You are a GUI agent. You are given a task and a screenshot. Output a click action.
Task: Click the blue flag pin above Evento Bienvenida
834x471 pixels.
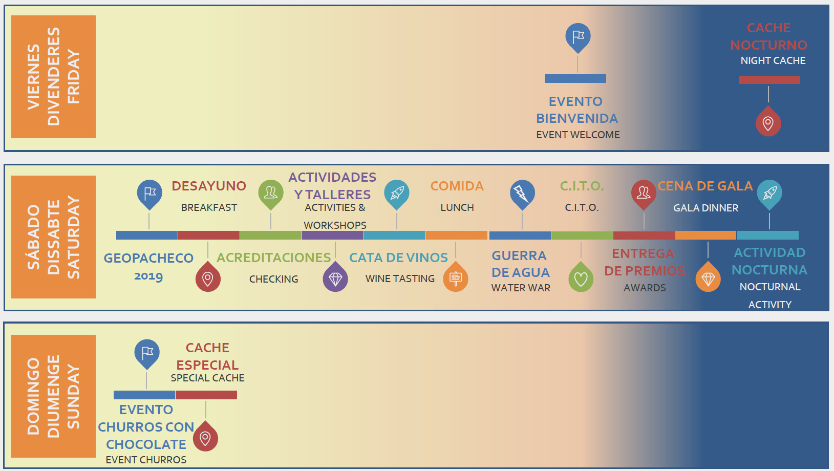tap(578, 37)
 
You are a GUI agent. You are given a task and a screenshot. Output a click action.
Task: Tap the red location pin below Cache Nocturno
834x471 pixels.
tap(768, 123)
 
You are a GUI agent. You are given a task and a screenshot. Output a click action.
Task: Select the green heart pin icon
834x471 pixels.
tap(581, 278)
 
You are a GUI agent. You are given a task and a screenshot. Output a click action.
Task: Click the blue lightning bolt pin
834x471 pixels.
tap(522, 194)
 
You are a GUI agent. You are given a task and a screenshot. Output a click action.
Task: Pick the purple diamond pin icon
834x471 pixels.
tap(335, 279)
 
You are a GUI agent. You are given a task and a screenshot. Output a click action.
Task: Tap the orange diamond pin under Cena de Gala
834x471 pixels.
tap(708, 278)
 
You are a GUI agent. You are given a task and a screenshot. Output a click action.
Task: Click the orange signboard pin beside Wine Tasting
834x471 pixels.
tap(455, 278)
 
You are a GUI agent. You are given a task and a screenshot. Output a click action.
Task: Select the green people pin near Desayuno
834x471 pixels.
tap(270, 194)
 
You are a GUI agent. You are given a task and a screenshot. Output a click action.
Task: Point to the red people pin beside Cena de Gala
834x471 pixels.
tap(644, 194)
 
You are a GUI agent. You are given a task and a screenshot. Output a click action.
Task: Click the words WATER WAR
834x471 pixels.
tap(521, 288)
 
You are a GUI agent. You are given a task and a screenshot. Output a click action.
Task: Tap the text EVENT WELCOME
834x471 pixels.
tap(578, 135)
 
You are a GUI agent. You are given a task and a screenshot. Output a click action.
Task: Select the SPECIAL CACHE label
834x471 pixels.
tap(207, 378)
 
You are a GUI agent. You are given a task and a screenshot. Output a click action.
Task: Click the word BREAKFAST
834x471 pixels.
tap(209, 207)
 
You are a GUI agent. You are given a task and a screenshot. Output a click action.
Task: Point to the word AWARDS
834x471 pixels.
tap(645, 288)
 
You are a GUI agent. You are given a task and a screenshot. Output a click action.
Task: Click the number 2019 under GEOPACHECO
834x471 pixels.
tap(148, 276)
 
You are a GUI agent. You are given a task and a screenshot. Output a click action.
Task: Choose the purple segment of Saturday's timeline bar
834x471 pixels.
tap(333, 235)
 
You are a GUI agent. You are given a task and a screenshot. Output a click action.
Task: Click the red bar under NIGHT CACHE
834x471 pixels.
tap(769, 80)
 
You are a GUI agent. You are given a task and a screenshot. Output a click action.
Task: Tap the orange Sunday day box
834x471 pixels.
tap(53, 396)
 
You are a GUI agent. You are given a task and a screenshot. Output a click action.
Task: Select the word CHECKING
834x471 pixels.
tap(273, 279)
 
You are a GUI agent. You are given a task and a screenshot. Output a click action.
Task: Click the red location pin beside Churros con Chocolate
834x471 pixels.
tap(205, 437)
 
